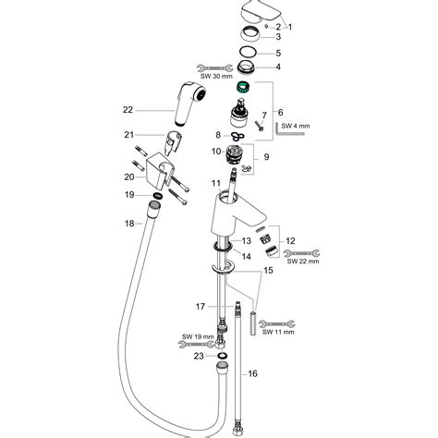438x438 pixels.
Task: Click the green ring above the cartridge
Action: (x=242, y=88)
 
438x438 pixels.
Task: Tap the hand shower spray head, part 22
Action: (x=189, y=103)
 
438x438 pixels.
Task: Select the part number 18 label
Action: (x=129, y=224)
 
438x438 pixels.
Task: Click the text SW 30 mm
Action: (x=217, y=76)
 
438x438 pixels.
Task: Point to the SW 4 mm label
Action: (x=296, y=126)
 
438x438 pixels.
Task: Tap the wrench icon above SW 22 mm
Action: (x=301, y=253)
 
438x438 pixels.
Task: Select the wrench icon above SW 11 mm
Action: (x=276, y=324)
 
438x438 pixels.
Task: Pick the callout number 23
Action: (x=199, y=356)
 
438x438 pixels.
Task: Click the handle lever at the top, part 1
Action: (x=260, y=12)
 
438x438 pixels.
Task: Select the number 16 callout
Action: (x=252, y=373)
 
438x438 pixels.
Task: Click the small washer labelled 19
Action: (x=157, y=195)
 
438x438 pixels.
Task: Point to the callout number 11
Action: (x=216, y=184)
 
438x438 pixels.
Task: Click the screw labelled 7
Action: (x=259, y=126)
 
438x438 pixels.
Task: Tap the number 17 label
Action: (x=201, y=307)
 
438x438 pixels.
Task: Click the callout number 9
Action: (x=266, y=157)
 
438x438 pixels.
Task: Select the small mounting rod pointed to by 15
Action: (x=253, y=323)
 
